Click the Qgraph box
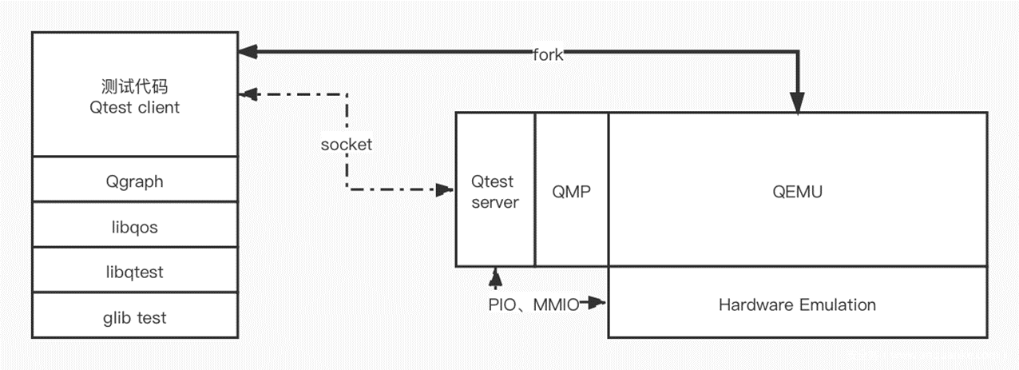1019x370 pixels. [134, 181]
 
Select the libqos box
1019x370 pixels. [134, 227]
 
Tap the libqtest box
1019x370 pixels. [134, 272]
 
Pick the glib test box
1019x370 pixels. [134, 317]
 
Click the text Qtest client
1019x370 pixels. [134, 107]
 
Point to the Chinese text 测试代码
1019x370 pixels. [134, 86]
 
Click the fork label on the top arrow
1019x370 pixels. [548, 55]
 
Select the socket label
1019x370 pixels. [346, 145]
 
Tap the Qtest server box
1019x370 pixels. [494, 192]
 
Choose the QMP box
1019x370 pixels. [571, 192]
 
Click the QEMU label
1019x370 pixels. [797, 192]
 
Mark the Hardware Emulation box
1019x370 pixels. [797, 304]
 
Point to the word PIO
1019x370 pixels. [502, 304]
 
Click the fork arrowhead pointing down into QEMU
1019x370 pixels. [797, 103]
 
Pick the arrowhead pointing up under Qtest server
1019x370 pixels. [495, 277]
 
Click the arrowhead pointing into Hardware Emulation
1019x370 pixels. [598, 303]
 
